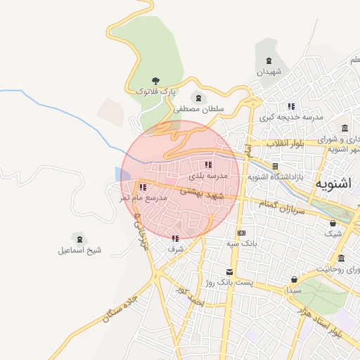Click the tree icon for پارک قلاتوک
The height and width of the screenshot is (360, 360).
155,82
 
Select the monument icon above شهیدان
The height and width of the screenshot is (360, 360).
266,62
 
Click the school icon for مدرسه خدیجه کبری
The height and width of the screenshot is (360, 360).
291,107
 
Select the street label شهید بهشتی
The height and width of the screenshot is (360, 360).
202,193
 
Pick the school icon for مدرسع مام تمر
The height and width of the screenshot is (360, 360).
143,188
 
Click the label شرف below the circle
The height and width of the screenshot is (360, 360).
176,248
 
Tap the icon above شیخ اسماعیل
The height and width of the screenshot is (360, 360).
79,239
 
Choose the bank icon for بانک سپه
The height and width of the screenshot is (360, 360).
242,233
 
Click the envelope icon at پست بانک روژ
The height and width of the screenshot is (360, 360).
228,271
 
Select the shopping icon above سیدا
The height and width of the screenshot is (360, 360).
292,279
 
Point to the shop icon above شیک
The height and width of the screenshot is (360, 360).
333,223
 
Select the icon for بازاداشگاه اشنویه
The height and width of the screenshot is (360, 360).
275,167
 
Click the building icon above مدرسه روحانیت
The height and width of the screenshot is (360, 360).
341,258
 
